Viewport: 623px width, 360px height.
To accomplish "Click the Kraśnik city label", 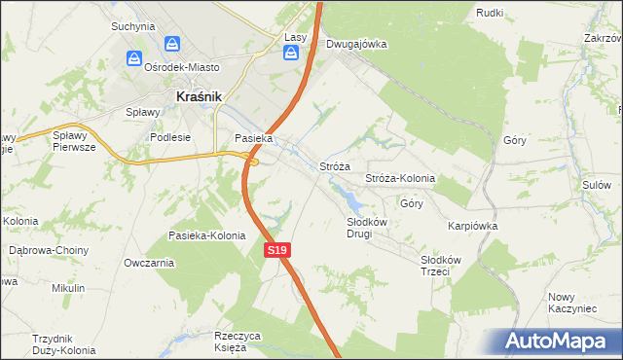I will [x=200, y=96].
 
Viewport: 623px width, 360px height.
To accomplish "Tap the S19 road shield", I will [x=277, y=250].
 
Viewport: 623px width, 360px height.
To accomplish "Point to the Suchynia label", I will [x=132, y=26].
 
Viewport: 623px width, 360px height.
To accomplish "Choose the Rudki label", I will [x=489, y=13].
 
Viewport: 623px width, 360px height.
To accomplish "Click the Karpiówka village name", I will [x=472, y=225].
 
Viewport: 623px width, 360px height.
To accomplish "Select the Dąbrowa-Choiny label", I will [x=48, y=250].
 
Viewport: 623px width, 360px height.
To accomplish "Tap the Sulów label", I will [x=596, y=184].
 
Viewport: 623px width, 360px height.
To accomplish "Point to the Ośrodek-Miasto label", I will [x=181, y=68].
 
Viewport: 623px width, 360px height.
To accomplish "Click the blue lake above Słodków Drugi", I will [x=352, y=202].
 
